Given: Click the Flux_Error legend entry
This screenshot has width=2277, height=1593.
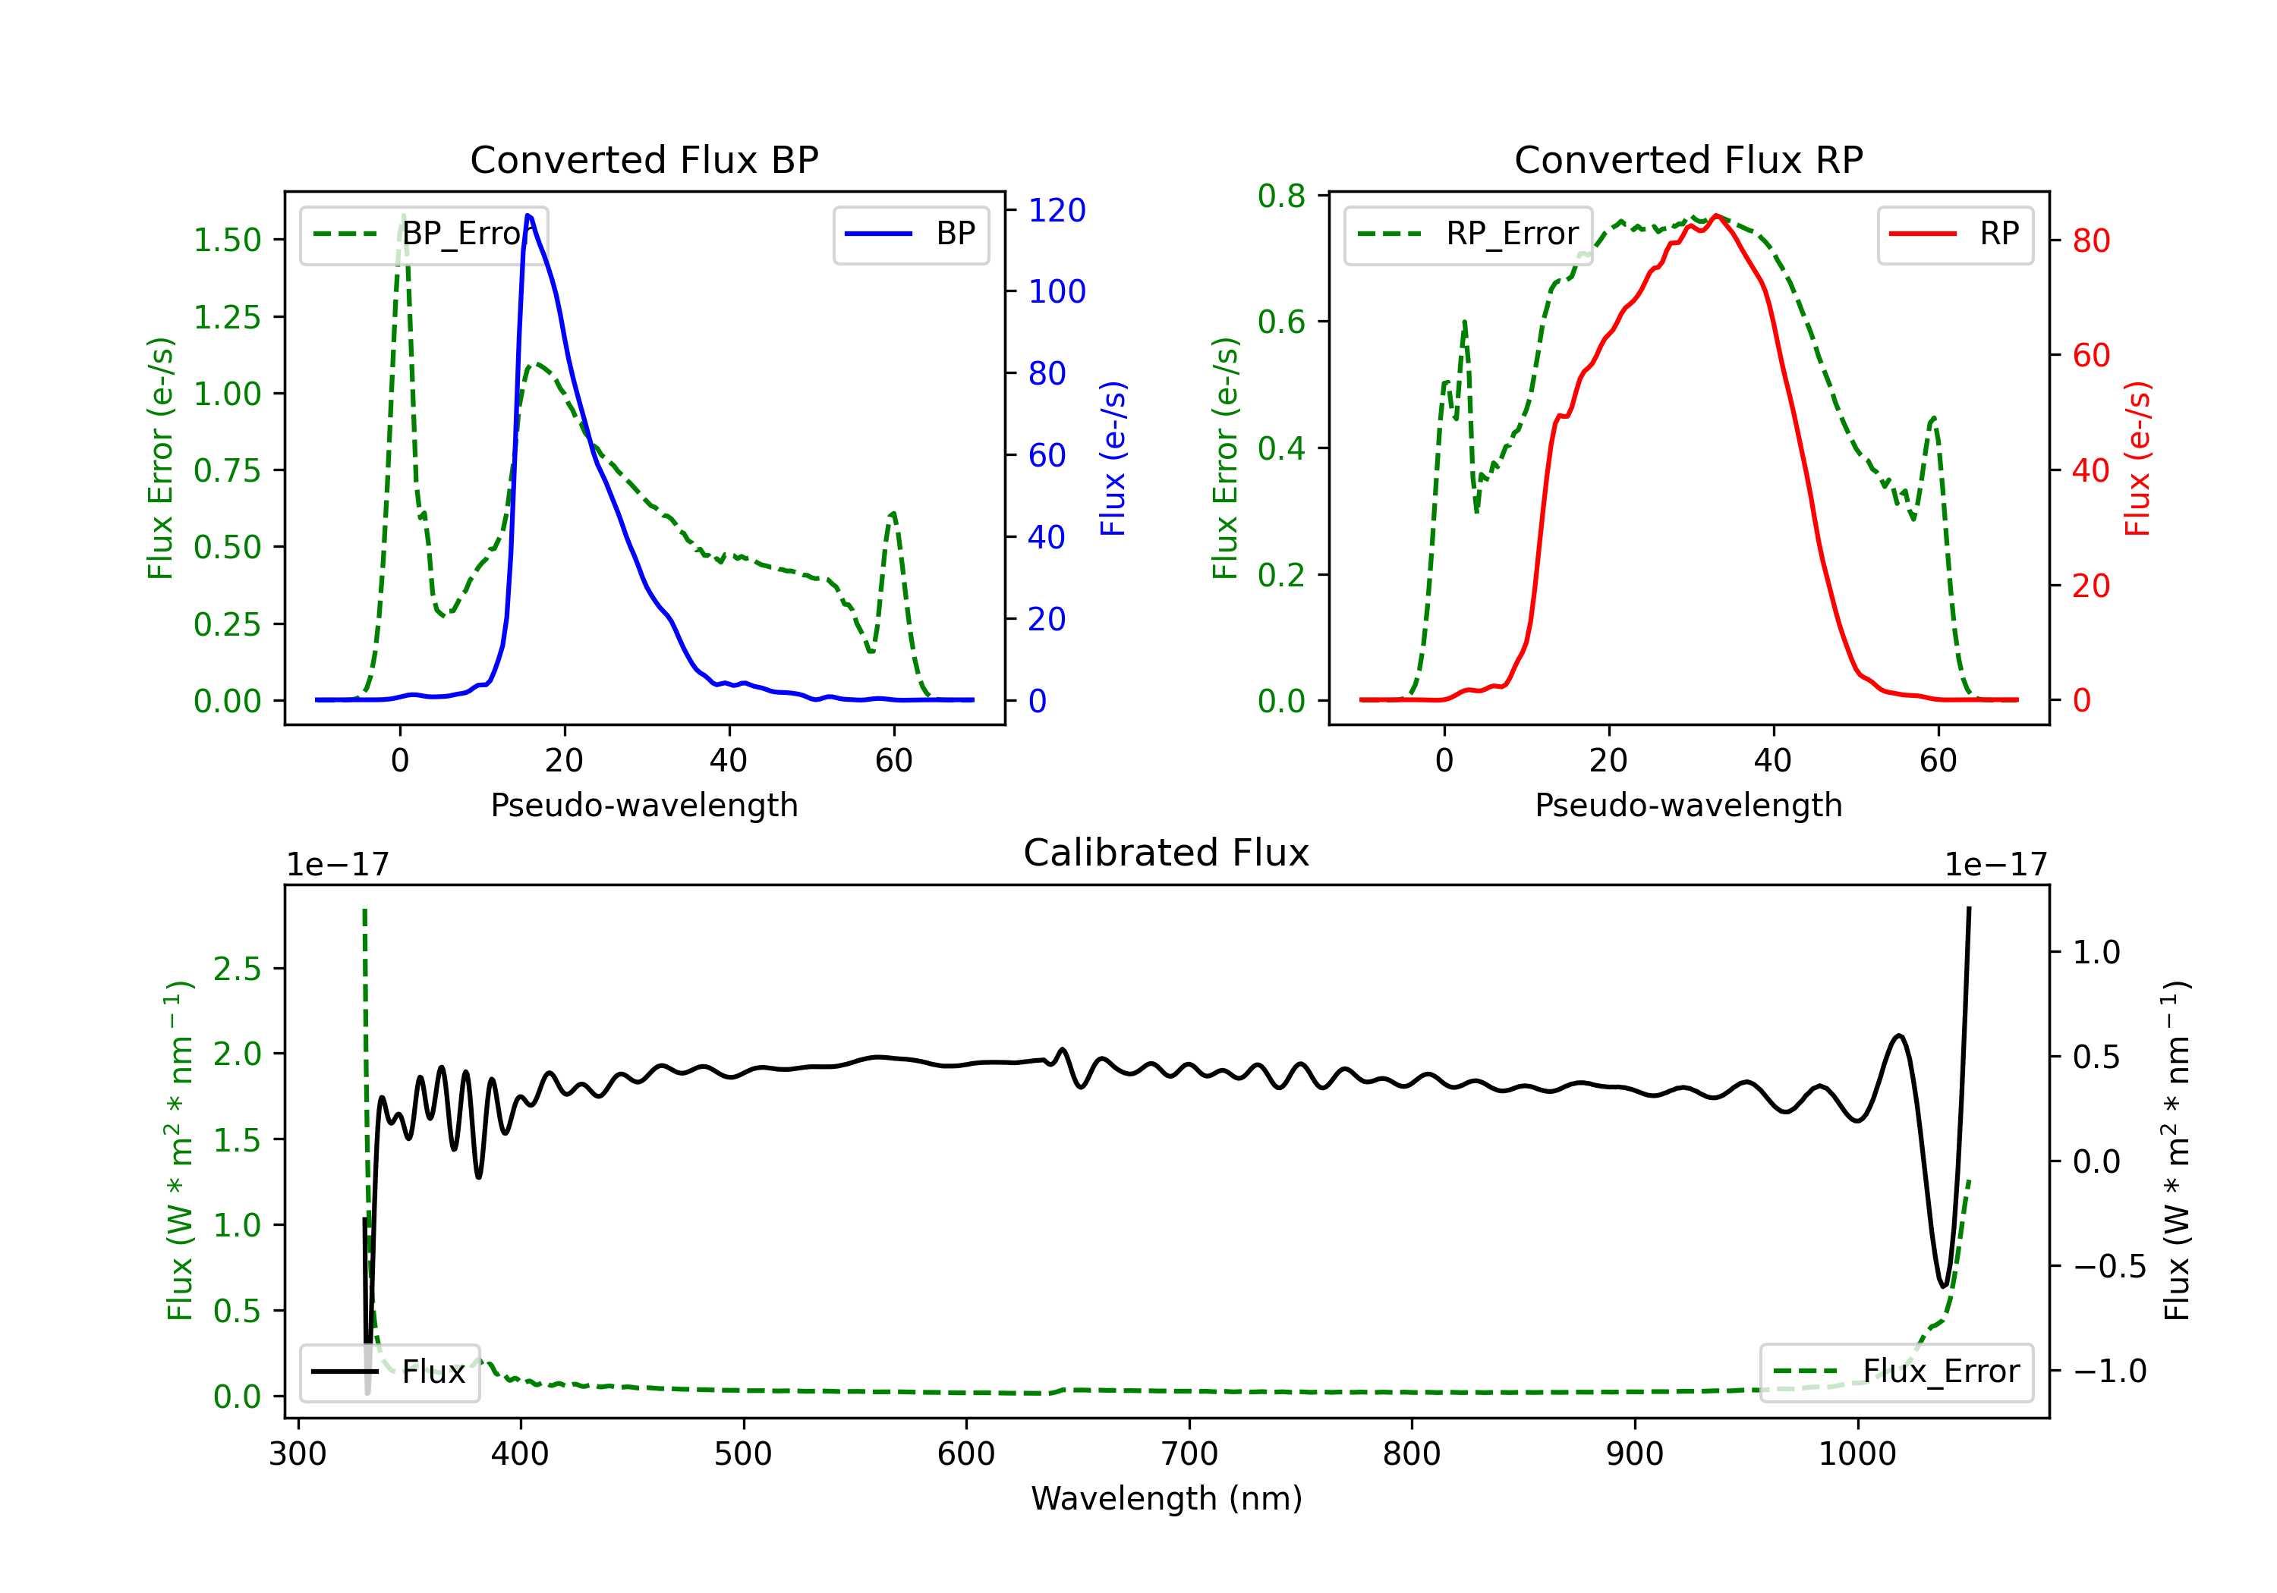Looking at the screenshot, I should coord(1896,1372).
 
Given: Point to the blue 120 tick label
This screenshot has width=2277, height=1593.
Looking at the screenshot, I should coord(1057,210).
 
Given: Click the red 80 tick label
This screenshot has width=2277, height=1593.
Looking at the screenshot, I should coord(2090,241).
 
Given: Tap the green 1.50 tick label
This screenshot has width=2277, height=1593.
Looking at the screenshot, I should coord(227,240).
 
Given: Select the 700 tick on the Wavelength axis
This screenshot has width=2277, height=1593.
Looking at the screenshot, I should coord(1189,1454).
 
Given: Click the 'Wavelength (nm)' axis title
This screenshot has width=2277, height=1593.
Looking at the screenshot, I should coord(1167,1499).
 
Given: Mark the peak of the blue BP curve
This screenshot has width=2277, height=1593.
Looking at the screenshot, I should coord(528,215).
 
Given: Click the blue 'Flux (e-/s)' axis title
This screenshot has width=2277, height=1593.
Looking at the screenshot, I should coord(1113,458).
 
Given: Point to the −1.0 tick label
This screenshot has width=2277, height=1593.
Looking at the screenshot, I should coord(2109,1371).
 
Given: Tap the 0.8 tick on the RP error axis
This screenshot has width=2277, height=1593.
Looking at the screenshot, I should coord(1281,196).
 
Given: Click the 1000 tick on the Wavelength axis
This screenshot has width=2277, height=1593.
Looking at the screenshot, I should coord(1857,1454).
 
